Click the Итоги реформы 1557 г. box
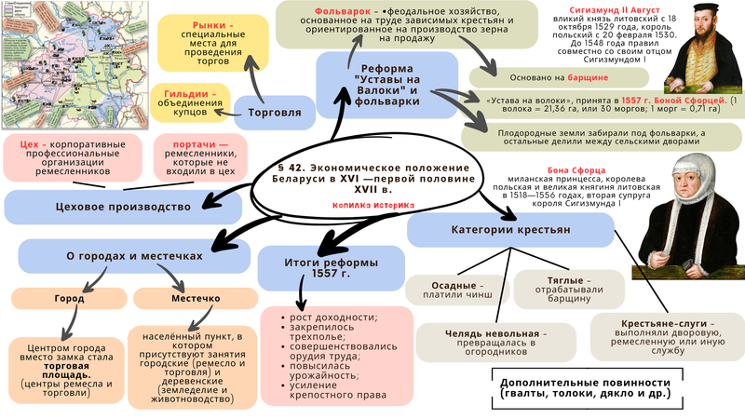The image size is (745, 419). click(x=308, y=264)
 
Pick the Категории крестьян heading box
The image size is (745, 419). click(x=516, y=230)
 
